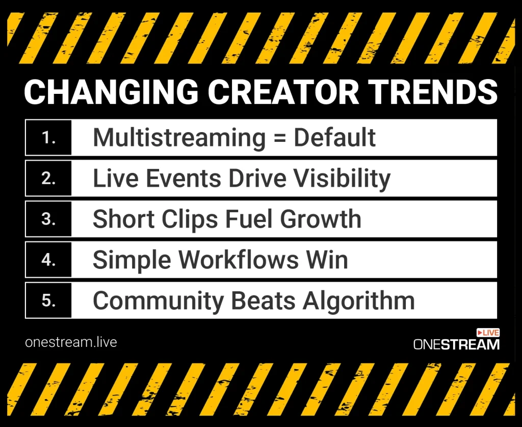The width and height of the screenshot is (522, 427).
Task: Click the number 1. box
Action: click(48, 138)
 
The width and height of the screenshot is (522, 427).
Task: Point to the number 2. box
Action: click(48, 178)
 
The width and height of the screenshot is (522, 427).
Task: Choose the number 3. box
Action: click(48, 219)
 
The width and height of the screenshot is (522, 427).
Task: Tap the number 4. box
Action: click(48, 260)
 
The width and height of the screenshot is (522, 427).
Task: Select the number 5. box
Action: click(48, 300)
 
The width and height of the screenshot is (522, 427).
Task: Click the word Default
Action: click(335, 138)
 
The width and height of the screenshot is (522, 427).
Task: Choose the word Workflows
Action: click(239, 260)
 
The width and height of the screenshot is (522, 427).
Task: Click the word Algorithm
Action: click(358, 301)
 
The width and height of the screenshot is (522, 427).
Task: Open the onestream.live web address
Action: click(71, 342)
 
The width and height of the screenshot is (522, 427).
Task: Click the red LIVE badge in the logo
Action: click(488, 333)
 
